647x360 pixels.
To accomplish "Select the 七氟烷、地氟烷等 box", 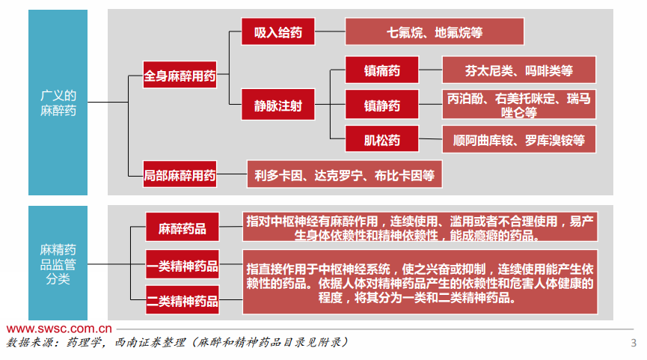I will coord(434,33).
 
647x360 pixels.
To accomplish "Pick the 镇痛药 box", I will coord(381,70).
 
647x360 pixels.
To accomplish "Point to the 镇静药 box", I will coord(381,105).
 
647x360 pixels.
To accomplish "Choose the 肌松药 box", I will coord(381,140).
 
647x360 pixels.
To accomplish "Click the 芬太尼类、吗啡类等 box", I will coord(518,70).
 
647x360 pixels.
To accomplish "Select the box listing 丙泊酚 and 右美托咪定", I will coord(518,105).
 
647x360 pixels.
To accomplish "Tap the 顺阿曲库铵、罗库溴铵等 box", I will coord(518,140).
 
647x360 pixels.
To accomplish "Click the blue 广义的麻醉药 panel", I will coord(58,103).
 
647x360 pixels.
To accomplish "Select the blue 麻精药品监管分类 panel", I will coord(58,263).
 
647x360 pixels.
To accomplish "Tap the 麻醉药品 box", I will coord(182,228).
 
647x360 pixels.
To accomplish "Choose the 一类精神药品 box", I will coord(182,265).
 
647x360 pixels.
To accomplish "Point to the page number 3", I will coord(634,344).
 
